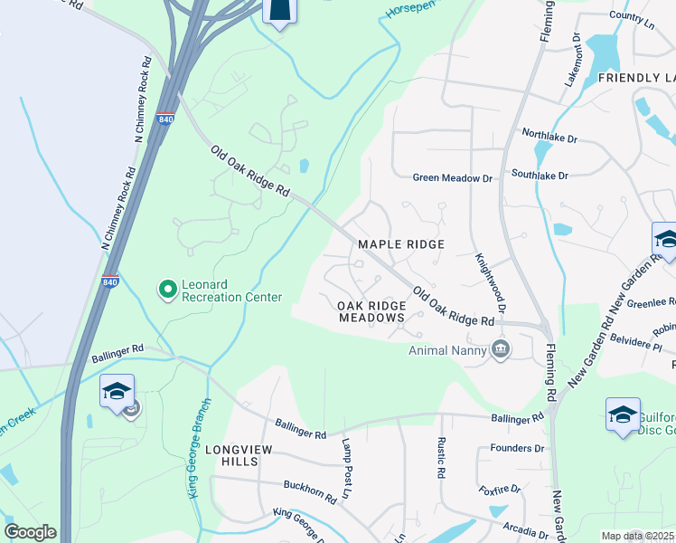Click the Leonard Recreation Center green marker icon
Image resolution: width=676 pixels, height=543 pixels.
coord(167,290)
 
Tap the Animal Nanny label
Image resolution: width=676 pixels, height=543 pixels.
coord(446,350)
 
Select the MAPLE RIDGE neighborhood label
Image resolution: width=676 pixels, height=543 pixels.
coord(401,244)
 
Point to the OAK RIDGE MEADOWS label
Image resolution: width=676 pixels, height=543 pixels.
coord(372,312)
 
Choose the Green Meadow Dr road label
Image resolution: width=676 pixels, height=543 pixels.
coord(452,178)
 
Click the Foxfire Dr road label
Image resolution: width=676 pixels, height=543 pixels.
coord(500,490)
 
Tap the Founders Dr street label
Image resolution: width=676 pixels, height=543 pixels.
coord(517,448)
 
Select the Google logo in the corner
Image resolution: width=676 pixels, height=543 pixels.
coord(30,532)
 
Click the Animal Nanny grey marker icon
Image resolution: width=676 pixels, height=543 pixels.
coord(500,350)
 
